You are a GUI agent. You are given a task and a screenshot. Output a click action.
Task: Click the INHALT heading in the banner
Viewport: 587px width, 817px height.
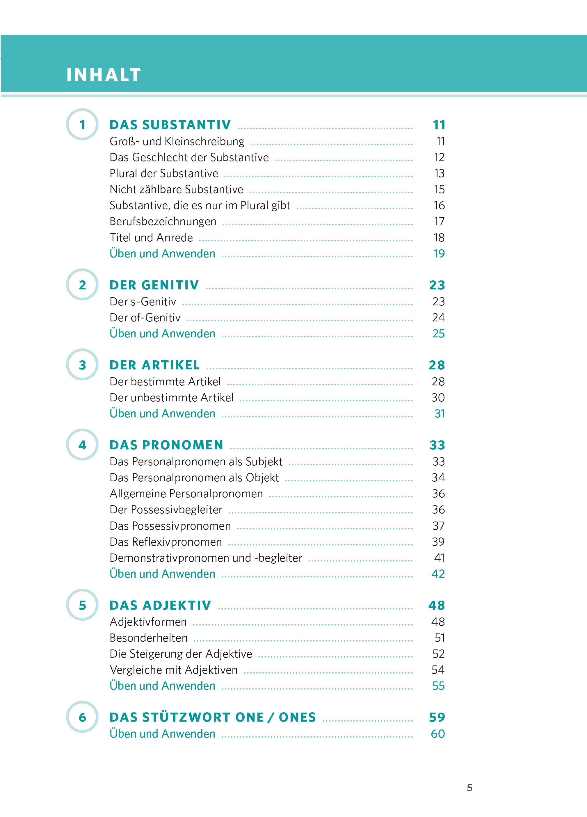coord(104,75)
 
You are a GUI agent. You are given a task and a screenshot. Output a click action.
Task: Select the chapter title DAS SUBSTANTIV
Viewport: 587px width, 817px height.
coord(170,125)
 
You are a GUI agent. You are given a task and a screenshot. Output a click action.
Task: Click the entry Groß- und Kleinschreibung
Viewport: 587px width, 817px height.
coord(177,142)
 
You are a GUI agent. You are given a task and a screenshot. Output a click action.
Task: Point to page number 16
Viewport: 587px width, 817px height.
coord(439,205)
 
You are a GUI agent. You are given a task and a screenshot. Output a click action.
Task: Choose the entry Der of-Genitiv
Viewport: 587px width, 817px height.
coord(145,318)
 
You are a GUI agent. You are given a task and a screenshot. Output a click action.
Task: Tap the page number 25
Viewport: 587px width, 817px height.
coord(438,334)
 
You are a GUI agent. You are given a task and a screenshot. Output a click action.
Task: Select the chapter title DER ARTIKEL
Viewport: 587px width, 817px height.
coord(154,365)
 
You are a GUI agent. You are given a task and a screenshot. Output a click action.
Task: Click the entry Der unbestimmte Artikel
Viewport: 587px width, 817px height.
coord(172,398)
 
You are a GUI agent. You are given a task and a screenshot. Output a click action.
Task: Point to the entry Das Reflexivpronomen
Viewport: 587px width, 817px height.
coord(166,542)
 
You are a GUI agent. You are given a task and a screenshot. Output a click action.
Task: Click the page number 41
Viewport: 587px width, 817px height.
coord(439,558)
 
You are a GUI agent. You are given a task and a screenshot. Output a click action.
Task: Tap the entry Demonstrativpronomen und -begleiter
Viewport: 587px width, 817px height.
coord(206,558)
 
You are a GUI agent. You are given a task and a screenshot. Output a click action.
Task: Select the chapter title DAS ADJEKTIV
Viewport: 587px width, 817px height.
coord(160,605)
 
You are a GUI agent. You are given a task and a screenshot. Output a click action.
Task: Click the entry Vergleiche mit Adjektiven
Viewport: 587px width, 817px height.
coord(174,670)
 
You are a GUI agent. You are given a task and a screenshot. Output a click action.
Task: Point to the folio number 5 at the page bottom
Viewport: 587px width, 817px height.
coord(469,787)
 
